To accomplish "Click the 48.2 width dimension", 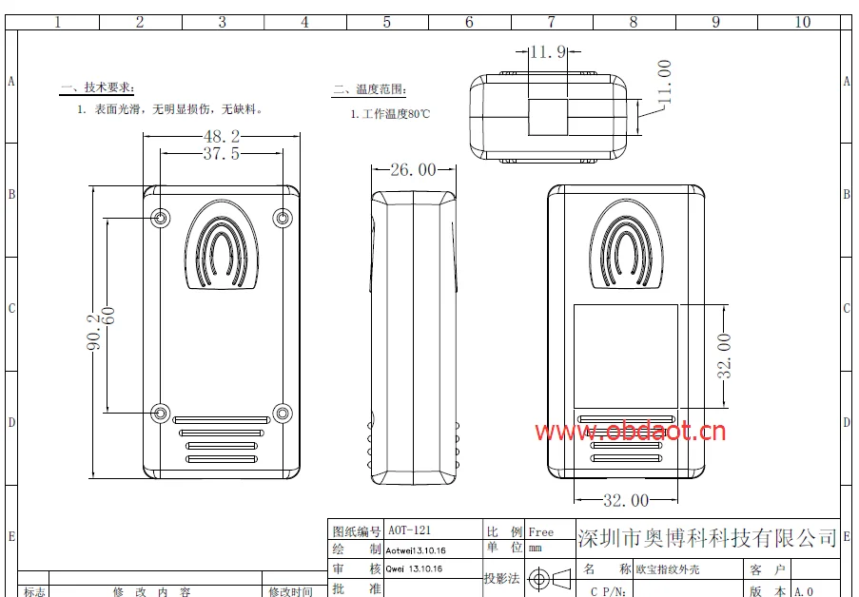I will click(221, 136).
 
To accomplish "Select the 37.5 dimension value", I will click(221, 153).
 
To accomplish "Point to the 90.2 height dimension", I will click(94, 333).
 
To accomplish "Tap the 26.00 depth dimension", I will click(413, 170).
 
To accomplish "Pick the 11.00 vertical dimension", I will click(664, 82).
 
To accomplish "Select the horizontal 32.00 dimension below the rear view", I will click(626, 500).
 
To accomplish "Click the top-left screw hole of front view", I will click(161, 219).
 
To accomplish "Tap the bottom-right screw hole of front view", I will click(282, 414).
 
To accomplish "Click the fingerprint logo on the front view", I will click(221, 246).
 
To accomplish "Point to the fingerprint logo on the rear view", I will click(626, 245).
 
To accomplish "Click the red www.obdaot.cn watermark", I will click(630, 433).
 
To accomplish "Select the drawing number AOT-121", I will click(408, 531).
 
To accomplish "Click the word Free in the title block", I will click(541, 532).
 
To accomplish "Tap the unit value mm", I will click(536, 549).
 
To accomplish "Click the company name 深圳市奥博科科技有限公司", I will click(707, 539).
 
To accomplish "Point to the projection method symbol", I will click(551, 578).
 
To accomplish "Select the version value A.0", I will click(804, 591).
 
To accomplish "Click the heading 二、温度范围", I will click(369, 90).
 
